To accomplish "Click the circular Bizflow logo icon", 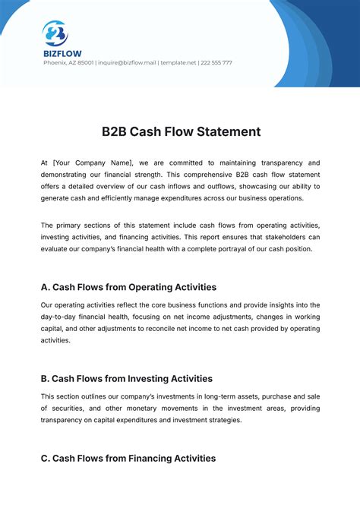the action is pos(55,33).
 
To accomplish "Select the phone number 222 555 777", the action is pos(216,63).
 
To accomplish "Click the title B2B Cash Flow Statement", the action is pos(181,131).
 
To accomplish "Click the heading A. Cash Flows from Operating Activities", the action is pos(128,288).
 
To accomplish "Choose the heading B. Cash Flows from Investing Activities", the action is pos(126,378).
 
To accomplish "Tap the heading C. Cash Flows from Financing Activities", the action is pos(128,459).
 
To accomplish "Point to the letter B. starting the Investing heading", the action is pos(46,378).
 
